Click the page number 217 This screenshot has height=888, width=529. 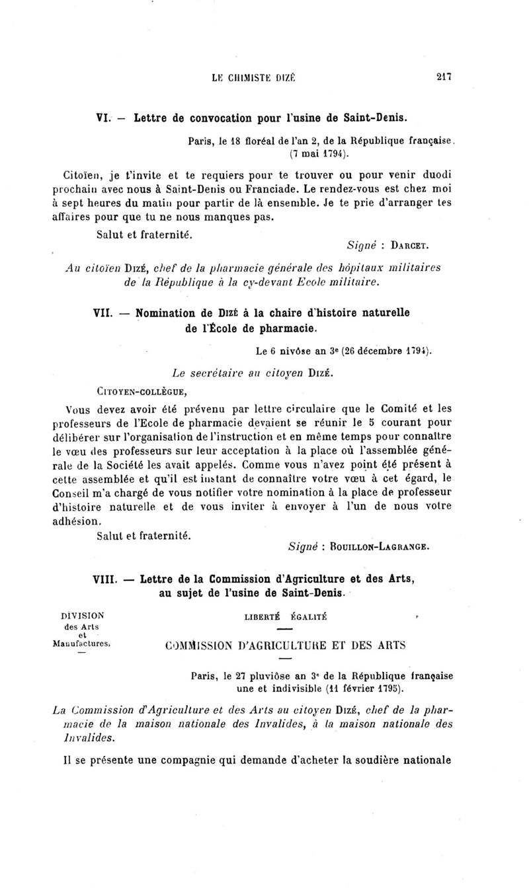(x=444, y=77)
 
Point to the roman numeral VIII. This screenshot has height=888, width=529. (x=104, y=579)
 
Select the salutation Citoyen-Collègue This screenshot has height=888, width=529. (x=140, y=396)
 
